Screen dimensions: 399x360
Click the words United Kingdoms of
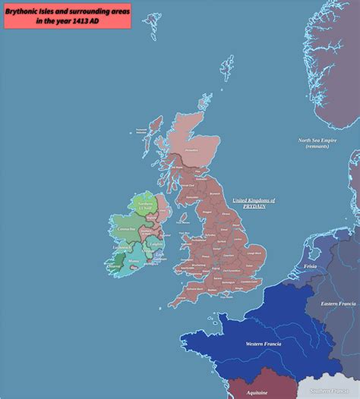(x=254, y=199)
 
